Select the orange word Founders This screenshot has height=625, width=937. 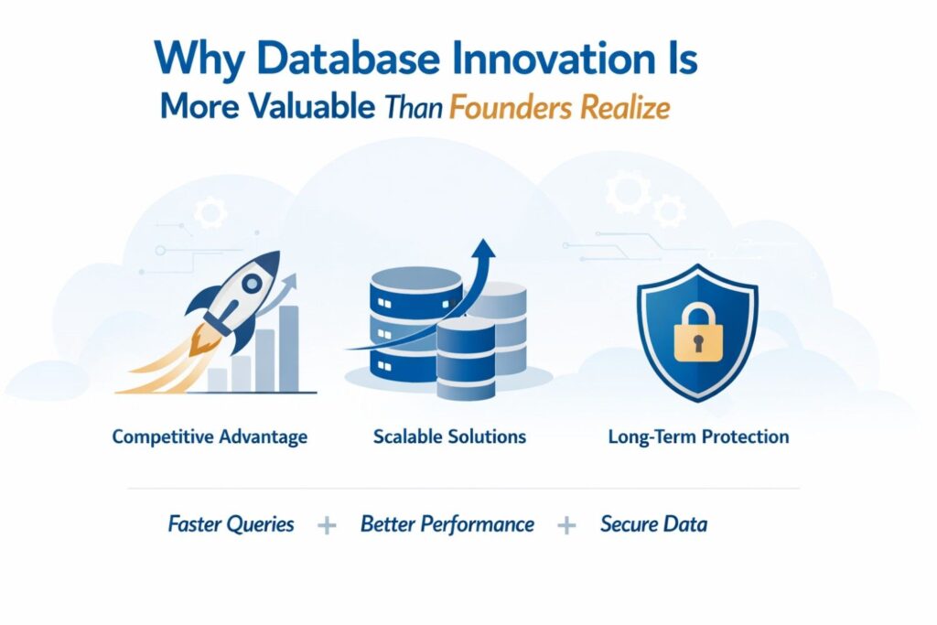511,108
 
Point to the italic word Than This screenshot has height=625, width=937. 415,108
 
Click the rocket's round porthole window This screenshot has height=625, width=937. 252,284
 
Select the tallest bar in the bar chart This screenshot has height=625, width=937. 289,349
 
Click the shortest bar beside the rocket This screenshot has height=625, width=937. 218,380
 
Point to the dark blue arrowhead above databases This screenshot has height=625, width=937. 483,248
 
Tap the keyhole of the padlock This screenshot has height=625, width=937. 698,343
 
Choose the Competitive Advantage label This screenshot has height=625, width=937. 210,436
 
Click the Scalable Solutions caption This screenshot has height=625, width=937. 449,436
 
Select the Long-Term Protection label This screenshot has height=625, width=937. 698,436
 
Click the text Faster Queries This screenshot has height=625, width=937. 231,524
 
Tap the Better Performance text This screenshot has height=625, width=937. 447,524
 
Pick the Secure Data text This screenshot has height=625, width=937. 653,524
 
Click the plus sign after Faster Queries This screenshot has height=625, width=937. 327,526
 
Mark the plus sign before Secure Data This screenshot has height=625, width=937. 566,526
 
